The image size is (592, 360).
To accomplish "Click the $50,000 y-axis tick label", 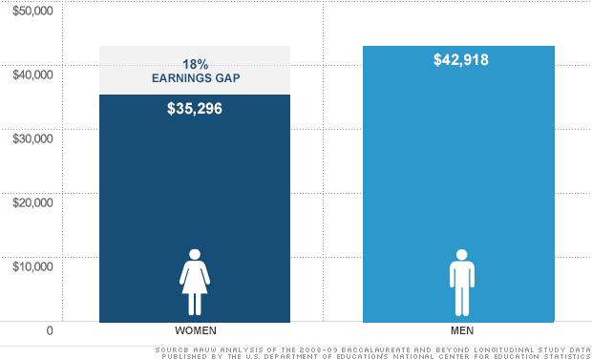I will (32, 11).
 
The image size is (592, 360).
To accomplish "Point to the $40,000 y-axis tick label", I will (32, 74).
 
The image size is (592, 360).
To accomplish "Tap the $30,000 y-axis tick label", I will (32, 138).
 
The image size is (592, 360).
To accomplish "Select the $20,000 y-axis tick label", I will (32, 201).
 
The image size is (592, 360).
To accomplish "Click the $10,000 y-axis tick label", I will (32, 265).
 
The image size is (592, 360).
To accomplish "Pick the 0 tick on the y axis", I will (49, 330).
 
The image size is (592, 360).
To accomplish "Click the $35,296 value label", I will (195, 109).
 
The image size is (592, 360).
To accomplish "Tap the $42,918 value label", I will (460, 60).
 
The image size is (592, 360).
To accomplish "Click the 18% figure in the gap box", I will (195, 64).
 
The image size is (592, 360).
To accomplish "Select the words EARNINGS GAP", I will (195, 78).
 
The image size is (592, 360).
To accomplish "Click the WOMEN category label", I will (195, 329).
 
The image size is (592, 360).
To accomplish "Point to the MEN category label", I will (461, 329).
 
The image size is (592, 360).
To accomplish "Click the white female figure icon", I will (195, 283).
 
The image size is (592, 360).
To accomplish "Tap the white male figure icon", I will (461, 283).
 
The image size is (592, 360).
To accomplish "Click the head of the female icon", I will (195, 255).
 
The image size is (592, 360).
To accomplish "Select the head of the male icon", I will (461, 255).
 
